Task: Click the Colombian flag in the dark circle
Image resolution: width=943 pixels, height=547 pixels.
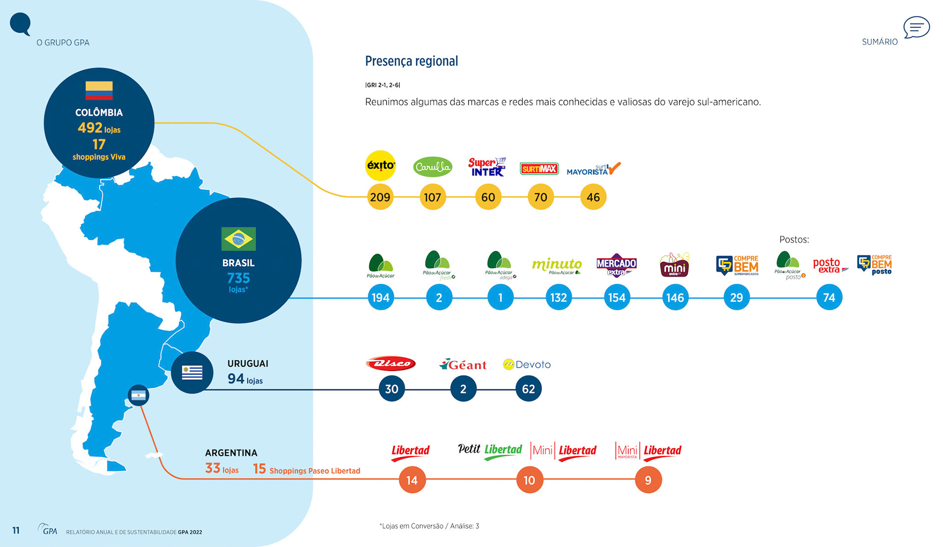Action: [99, 90]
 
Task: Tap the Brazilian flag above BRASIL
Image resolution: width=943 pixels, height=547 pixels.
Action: [239, 239]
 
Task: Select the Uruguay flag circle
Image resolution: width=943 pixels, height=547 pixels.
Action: [192, 373]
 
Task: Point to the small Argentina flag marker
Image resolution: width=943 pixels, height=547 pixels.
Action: [139, 395]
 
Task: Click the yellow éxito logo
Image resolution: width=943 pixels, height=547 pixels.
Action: [381, 166]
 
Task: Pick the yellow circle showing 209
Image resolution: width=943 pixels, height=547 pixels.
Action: [380, 197]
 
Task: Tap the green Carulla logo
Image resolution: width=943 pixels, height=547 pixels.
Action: [432, 167]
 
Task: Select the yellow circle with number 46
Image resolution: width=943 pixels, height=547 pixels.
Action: [593, 197]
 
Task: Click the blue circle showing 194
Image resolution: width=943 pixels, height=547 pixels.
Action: [381, 297]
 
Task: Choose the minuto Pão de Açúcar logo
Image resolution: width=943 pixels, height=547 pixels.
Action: [557, 266]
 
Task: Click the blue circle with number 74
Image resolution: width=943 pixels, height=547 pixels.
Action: [829, 297]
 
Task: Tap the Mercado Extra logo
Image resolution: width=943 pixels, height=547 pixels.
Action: [616, 265]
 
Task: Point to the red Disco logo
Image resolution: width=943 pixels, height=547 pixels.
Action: [391, 364]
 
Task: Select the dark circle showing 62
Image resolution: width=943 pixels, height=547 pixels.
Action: [528, 389]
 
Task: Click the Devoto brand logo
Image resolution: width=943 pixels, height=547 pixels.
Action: [527, 365]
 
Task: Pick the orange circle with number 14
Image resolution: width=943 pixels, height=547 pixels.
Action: [412, 480]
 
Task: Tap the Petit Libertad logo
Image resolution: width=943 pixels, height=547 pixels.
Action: [490, 451]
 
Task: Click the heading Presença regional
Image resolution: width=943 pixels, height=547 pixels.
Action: [411, 61]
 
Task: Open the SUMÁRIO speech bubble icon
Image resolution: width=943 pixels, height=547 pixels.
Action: [916, 28]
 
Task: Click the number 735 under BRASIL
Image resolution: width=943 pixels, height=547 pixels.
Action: [239, 278]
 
